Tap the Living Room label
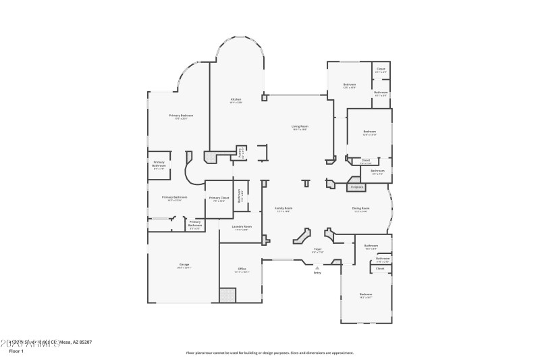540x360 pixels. coord(300,126)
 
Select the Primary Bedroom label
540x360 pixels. coord(181,115)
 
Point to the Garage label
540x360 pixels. coord(184,264)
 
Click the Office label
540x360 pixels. coord(242,269)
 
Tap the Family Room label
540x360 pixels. coord(283,208)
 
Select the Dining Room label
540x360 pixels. coord(360,208)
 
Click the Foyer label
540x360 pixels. coord(317,249)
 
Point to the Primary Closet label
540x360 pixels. coord(219,198)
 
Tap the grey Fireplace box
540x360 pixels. coord(356,186)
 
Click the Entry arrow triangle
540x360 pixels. coord(317,267)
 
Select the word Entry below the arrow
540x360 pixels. coord(317,273)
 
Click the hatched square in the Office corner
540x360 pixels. coord(227,295)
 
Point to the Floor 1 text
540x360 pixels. coord(16,351)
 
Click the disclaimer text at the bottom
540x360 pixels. coord(269,353)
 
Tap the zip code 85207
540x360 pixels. coord(84,342)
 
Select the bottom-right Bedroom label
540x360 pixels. coord(365,294)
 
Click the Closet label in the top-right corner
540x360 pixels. coord(381,68)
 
